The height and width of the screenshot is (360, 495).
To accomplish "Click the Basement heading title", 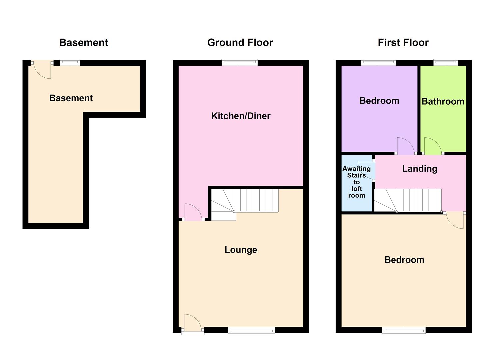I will tap(84, 43).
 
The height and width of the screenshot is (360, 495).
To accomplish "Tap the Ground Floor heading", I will tap(240, 43).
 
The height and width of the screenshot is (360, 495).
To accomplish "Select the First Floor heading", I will tap(403, 43).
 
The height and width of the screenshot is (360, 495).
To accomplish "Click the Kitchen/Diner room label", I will tap(241, 116).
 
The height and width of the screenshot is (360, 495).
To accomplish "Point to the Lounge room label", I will tap(241, 250).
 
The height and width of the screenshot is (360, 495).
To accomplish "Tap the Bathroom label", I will tap(443, 101).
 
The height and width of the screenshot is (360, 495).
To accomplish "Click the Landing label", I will tap(420, 169).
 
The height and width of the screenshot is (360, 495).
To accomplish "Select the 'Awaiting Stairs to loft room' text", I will tap(357, 182).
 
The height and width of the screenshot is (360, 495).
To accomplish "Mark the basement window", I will tap(70, 62).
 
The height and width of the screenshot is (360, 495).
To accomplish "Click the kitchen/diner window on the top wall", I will tap(240, 62).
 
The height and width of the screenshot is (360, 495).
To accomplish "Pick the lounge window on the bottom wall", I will tap(251, 330).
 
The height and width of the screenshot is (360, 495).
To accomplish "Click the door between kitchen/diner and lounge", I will tap(193, 213).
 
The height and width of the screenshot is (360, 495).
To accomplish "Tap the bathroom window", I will tap(446, 62).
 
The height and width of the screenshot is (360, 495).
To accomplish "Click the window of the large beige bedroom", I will tap(404, 330).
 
